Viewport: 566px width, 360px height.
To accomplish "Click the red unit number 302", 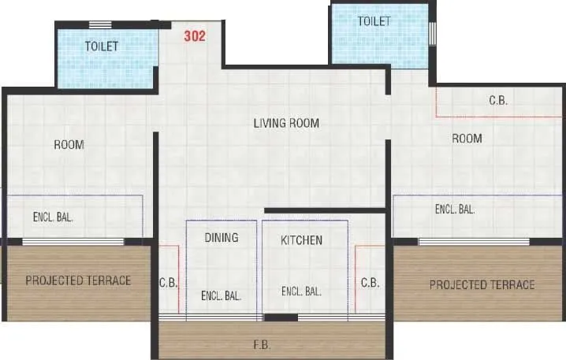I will pos(195,35).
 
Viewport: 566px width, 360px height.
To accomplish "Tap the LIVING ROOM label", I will pos(286,123).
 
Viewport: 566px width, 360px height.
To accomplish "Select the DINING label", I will pos(221,237).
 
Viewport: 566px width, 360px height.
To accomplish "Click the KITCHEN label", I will pos(301,239).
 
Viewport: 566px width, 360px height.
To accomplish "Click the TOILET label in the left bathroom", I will pos(102,46).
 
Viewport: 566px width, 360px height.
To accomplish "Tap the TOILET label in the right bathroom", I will pos(374,21).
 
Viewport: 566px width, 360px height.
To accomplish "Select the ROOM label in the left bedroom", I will pos(69,144).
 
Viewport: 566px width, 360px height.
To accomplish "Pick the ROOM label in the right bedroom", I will pos(467,139).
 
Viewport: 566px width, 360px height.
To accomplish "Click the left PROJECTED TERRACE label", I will pos(78,280).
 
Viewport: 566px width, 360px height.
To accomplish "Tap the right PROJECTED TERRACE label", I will pos(482,284).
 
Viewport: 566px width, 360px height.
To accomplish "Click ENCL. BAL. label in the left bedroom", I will pos(53,217).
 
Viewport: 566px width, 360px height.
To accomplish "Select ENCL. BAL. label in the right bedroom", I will pos(455,209).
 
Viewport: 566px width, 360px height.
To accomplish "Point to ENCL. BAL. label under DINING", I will pos(221,296).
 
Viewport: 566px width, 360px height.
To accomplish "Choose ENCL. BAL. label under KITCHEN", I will pos(301,291).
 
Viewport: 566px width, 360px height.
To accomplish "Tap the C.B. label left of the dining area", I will pos(167,282).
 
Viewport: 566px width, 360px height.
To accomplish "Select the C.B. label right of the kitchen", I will pos(370,282).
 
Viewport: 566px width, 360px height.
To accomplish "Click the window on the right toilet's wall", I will pos(431,32).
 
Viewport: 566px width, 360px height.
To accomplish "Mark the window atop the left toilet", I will pos(99,24).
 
